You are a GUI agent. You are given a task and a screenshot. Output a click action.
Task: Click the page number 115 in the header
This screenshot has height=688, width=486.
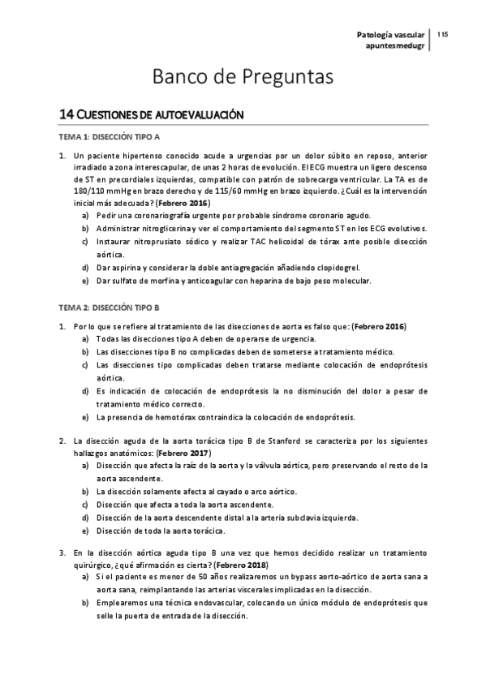click(x=443, y=35)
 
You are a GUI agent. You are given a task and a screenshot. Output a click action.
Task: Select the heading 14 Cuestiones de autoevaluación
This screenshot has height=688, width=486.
click(x=152, y=116)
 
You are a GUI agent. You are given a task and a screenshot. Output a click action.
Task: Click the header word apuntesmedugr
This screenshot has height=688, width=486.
click(x=395, y=46)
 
